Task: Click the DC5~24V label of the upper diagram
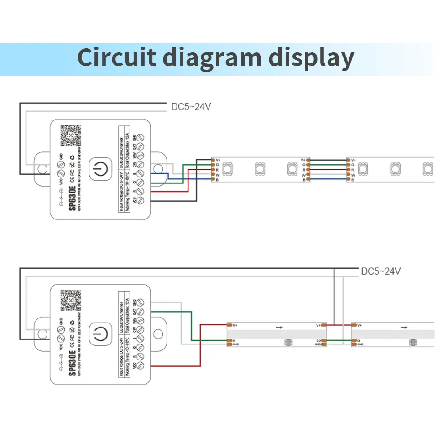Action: coord(191,107)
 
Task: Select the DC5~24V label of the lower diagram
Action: coord(381,271)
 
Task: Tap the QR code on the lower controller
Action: coord(70,300)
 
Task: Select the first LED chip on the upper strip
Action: coord(228,169)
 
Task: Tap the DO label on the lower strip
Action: coord(318,341)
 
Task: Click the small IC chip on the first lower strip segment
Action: coord(288,342)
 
